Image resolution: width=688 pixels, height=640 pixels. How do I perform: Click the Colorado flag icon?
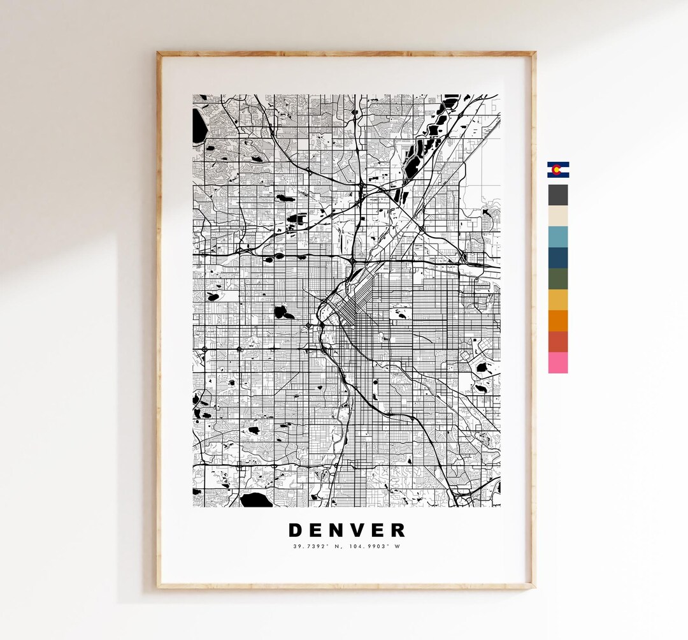point(558,170)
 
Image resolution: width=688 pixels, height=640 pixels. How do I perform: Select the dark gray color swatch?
point(558,194)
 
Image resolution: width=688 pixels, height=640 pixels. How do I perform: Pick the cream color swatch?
point(558,215)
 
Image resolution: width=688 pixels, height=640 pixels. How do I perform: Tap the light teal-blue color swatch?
point(558,236)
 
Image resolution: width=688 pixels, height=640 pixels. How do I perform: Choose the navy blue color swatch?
point(558,258)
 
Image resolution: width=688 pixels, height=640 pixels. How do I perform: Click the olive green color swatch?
point(558,279)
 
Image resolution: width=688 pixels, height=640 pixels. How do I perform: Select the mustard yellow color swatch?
point(558,300)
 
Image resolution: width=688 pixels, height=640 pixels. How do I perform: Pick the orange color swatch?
point(558,321)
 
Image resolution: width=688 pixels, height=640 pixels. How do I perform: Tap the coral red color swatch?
point(558,342)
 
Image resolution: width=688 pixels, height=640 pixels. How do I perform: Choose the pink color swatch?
point(558,363)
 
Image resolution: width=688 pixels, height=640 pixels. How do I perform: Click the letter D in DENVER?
point(296,530)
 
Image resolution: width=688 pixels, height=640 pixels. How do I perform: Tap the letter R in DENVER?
point(398,530)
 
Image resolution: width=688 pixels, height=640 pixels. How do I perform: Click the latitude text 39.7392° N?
point(313,546)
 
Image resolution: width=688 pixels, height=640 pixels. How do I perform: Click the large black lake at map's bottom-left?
point(255,500)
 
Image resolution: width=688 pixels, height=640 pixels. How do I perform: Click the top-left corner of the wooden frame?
point(159,54)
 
